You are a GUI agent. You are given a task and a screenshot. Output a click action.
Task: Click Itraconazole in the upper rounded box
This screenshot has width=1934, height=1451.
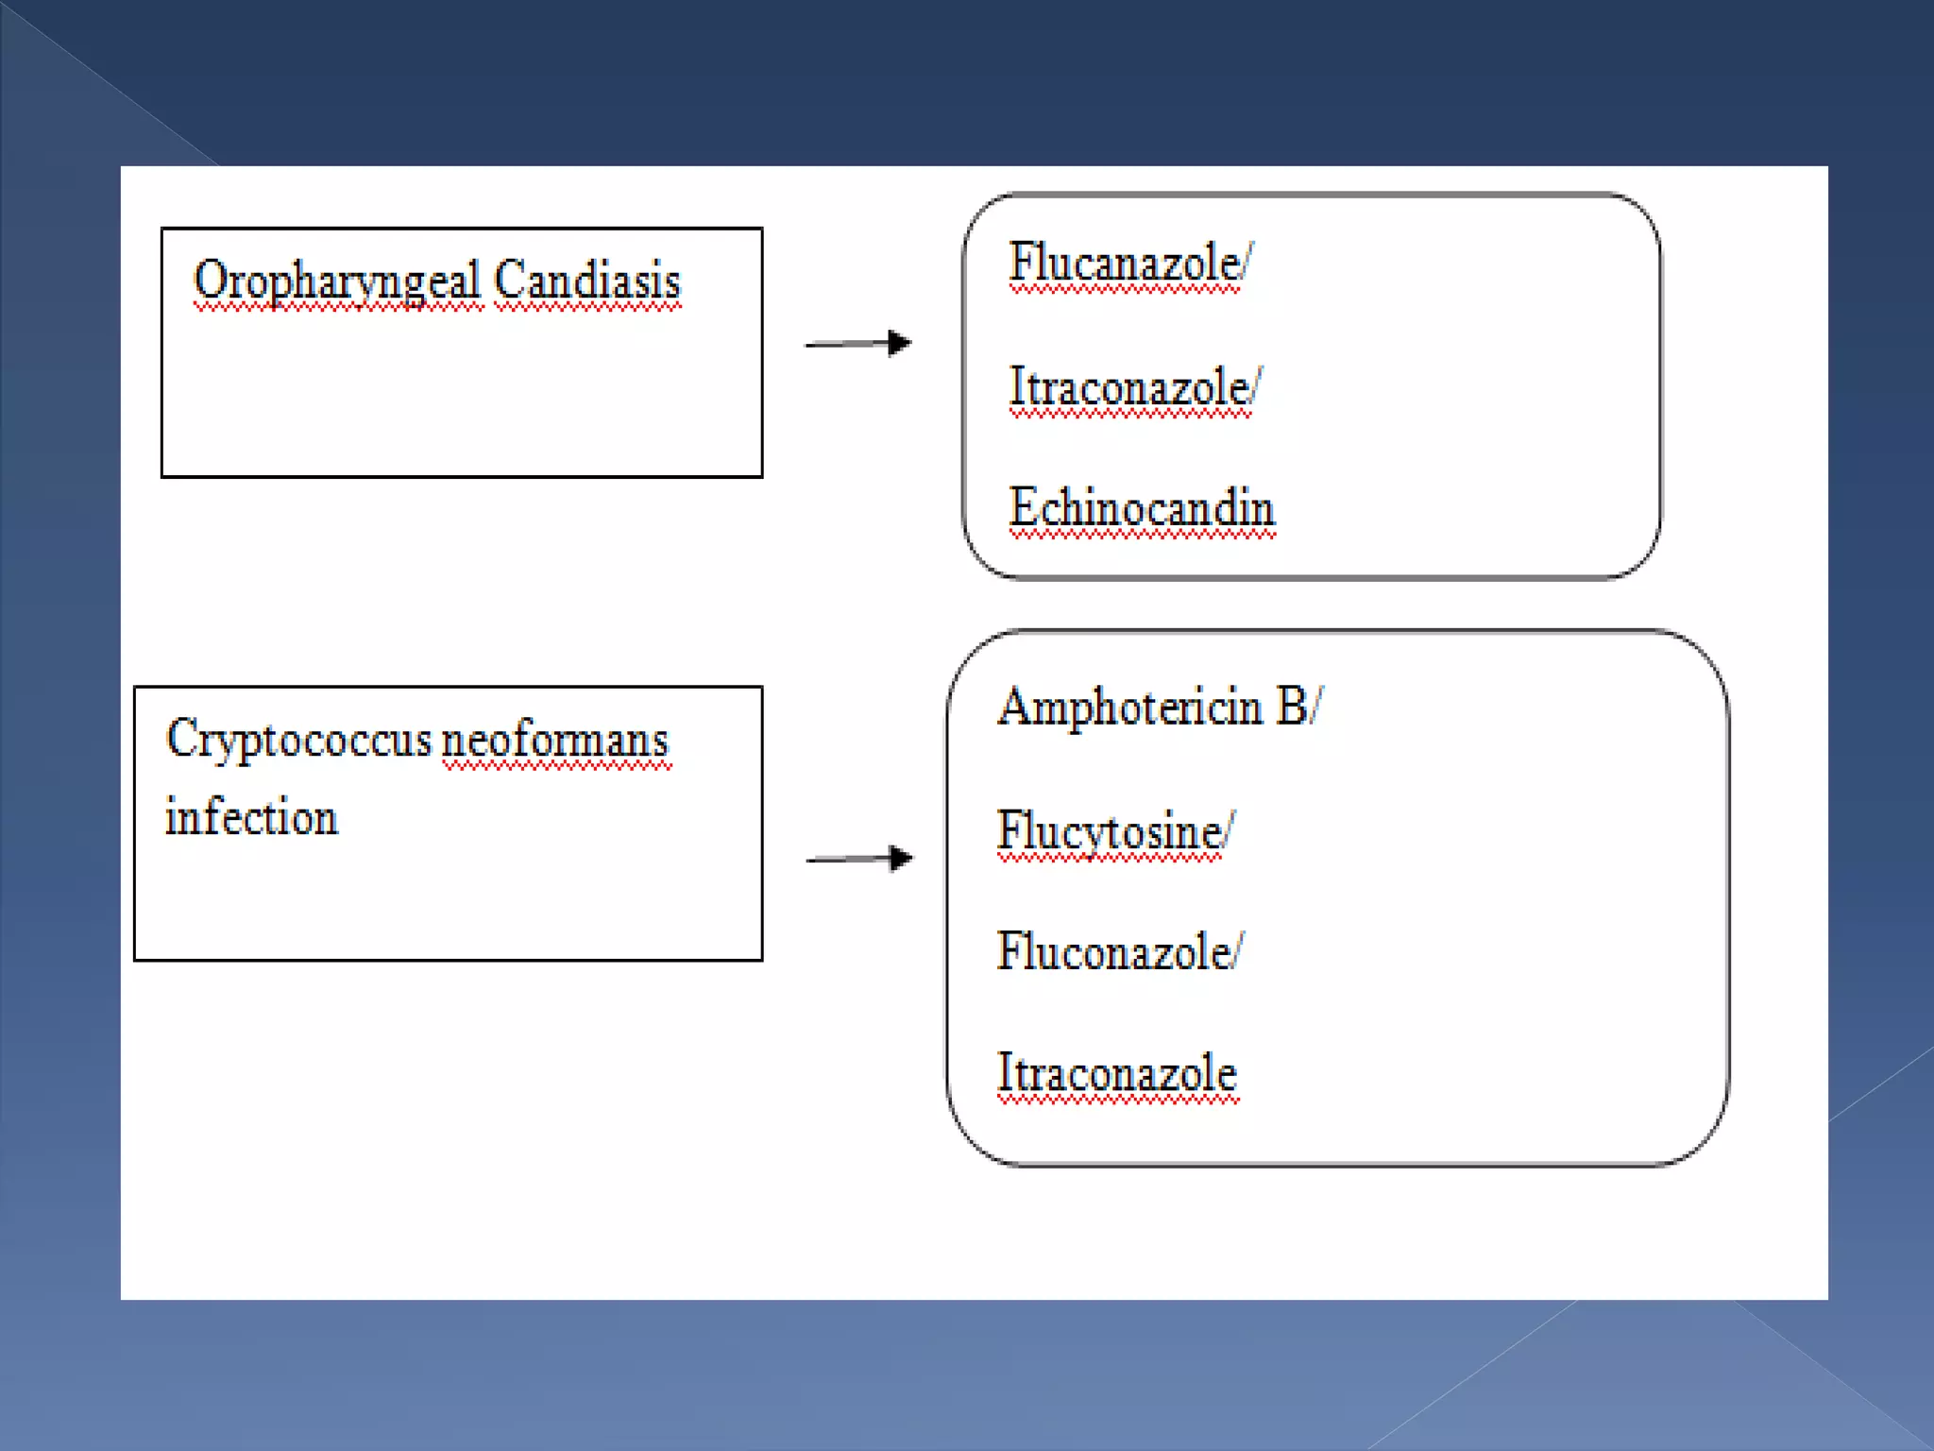(x=1128, y=386)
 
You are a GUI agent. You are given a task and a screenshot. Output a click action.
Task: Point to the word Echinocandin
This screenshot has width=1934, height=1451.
(x=1142, y=507)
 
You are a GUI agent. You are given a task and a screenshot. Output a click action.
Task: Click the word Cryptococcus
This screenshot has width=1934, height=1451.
(x=298, y=739)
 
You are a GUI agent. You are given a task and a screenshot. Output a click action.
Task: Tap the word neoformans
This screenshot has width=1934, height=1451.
(x=555, y=739)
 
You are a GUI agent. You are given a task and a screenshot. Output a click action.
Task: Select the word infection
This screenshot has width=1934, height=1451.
(x=251, y=817)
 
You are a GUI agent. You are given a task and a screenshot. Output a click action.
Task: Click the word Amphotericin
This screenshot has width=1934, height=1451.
(x=1130, y=706)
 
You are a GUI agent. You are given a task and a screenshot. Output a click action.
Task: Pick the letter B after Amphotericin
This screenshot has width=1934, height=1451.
(x=1291, y=706)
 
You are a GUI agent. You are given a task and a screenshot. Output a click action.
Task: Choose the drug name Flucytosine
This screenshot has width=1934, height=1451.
(x=1109, y=831)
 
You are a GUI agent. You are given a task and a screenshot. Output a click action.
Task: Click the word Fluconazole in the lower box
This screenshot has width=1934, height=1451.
(x=1113, y=950)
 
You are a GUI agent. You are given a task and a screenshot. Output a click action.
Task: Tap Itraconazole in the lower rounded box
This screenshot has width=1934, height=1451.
(x=1117, y=1072)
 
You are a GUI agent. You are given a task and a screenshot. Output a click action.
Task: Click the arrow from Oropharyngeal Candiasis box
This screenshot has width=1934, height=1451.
(x=858, y=343)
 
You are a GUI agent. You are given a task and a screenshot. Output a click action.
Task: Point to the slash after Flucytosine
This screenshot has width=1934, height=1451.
(x=1229, y=831)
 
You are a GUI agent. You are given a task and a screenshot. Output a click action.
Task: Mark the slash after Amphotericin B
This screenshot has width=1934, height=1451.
(x=1317, y=706)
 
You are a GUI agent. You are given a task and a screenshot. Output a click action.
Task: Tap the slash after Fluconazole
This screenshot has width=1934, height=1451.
(x=1238, y=950)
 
